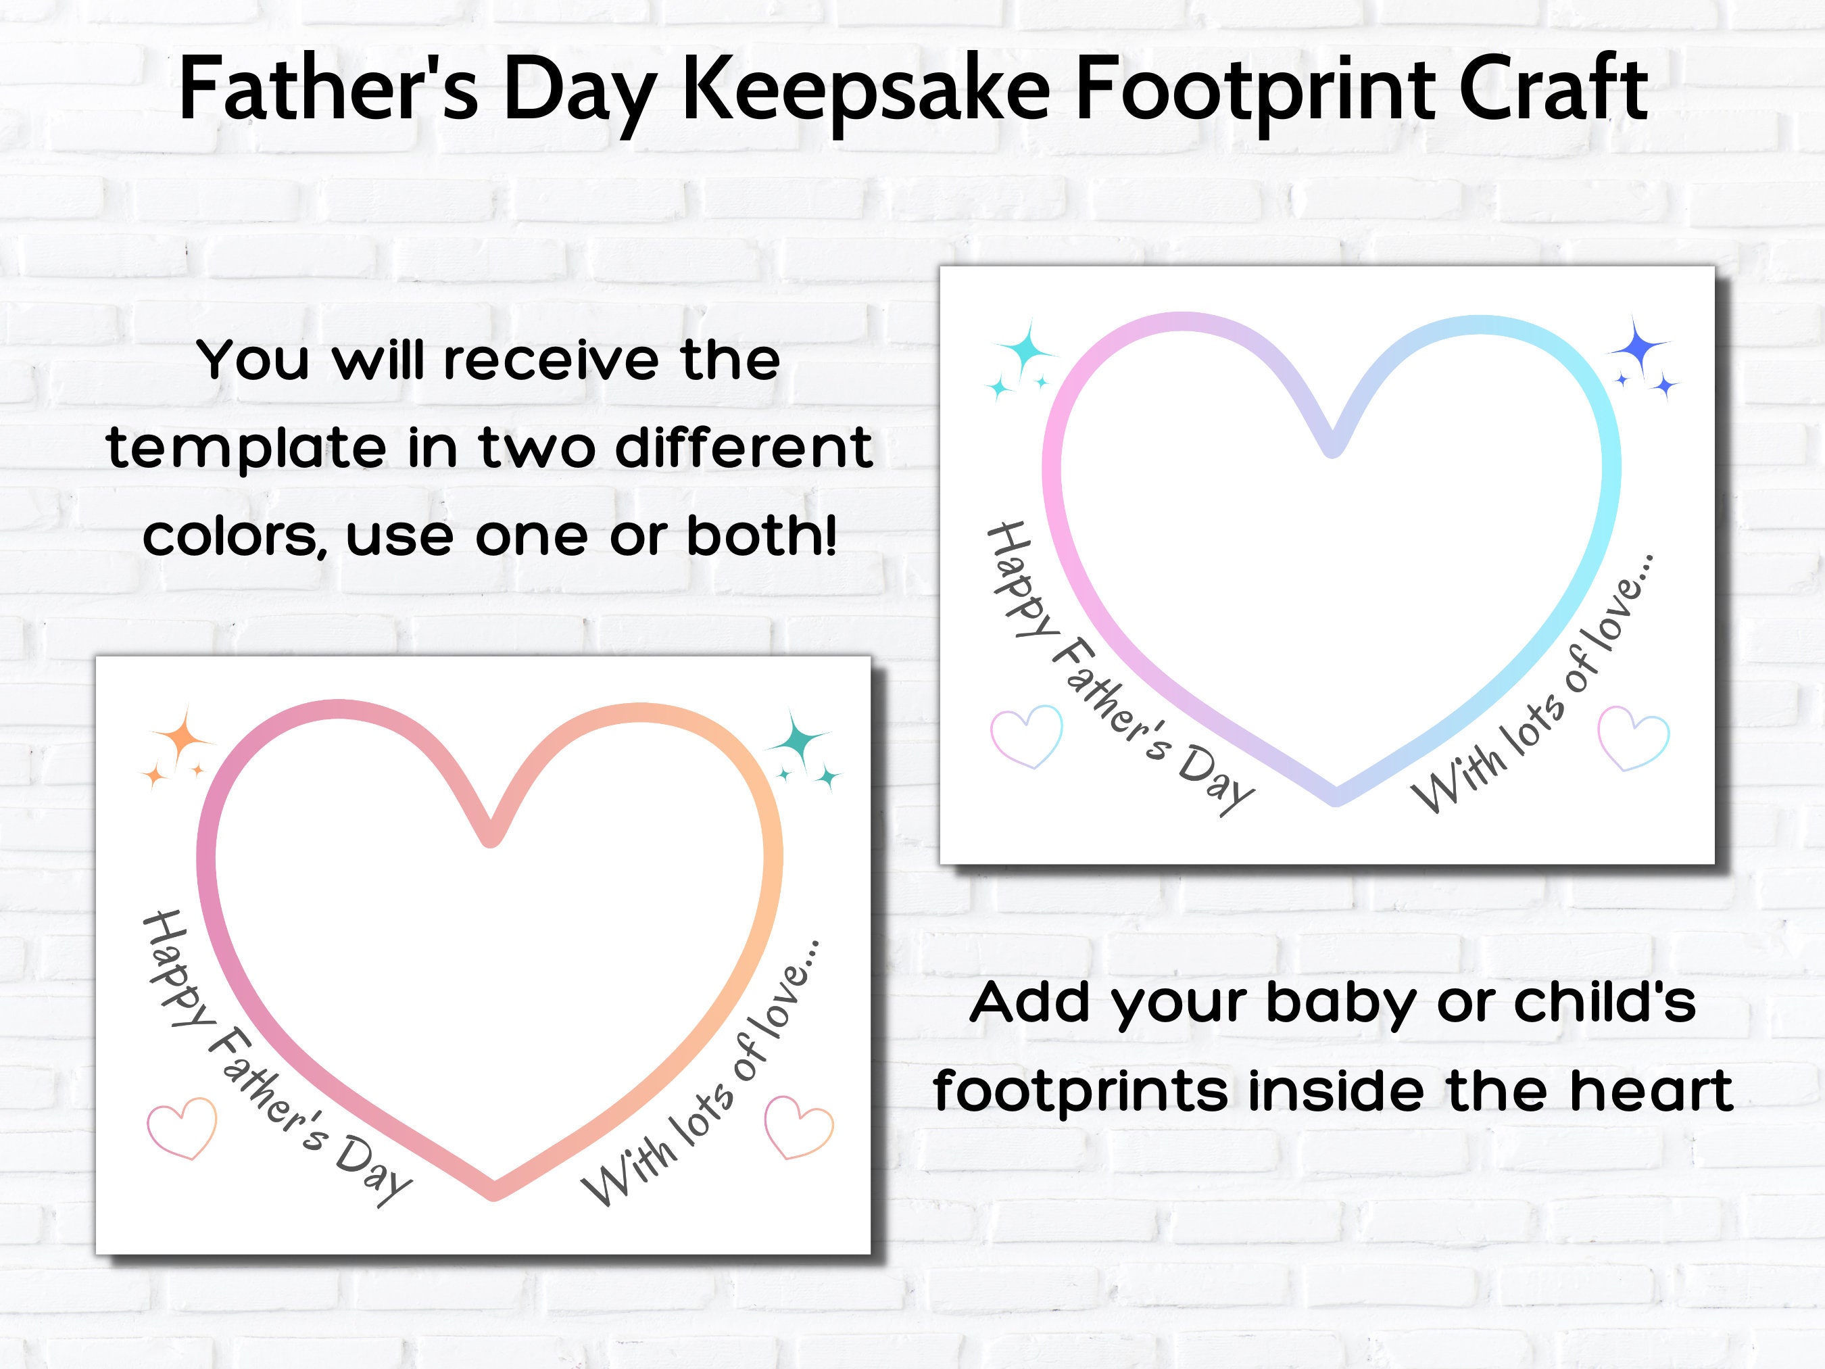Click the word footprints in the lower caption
point(1080,1091)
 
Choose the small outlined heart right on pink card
point(799,1126)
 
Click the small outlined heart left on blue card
point(1025,736)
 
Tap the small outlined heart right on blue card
point(1634,738)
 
